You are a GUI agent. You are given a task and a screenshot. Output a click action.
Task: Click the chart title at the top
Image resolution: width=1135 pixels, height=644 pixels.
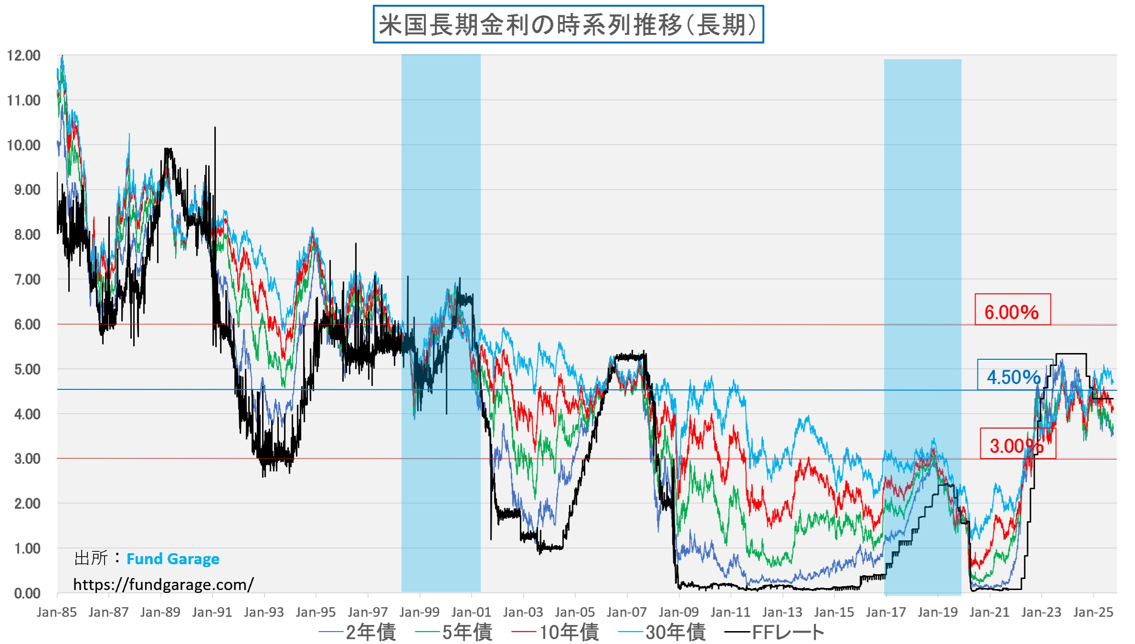pos(568,25)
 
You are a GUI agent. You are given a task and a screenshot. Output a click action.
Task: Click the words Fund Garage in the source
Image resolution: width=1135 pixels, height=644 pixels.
pos(173,558)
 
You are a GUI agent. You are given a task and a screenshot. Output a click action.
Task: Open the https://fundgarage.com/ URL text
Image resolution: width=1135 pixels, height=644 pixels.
pos(163,584)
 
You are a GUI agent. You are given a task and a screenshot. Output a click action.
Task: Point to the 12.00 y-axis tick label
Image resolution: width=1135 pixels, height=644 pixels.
pos(24,55)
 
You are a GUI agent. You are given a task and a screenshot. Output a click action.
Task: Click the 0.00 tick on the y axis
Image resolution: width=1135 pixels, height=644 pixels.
pos(27,593)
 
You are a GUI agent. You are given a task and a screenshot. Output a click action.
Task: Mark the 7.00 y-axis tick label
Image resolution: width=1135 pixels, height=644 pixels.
pos(27,279)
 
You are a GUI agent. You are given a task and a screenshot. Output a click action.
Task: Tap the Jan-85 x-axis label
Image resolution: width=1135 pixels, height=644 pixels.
pos(57,612)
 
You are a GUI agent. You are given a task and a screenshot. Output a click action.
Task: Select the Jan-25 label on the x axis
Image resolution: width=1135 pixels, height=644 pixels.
pos(1093,612)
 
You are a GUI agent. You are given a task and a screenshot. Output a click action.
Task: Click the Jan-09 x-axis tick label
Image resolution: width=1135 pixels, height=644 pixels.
pos(679,612)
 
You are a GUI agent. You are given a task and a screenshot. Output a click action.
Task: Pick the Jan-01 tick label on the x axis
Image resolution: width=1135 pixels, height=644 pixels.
pos(471,612)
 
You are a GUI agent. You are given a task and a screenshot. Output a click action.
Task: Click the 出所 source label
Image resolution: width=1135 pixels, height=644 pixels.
pos(91,558)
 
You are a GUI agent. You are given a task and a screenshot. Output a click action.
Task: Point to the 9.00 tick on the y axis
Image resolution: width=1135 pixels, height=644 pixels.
pos(27,190)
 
